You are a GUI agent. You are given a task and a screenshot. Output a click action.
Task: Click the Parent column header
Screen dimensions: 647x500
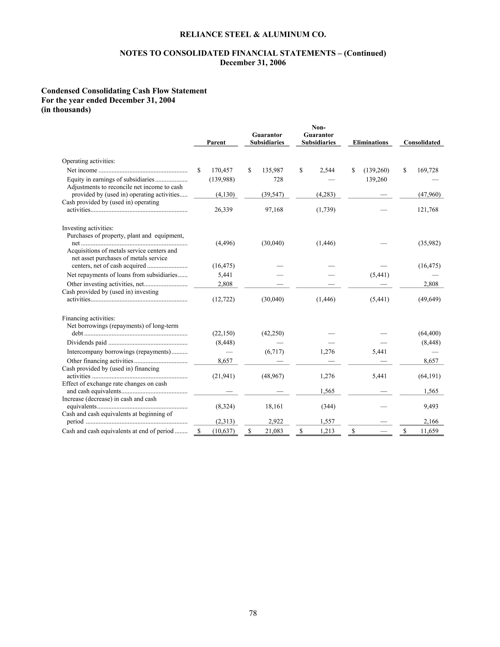pyautogui.click(x=216, y=143)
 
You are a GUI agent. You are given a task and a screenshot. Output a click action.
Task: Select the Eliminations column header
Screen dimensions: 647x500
pyautogui.click(x=370, y=143)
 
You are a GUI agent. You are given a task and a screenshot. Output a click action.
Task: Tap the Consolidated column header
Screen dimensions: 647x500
pyautogui.click(x=422, y=143)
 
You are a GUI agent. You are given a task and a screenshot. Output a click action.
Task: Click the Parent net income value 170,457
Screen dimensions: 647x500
pyautogui.click(x=222, y=170)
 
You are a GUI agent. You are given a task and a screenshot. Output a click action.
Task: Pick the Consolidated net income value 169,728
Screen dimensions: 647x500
pyautogui.click(x=428, y=170)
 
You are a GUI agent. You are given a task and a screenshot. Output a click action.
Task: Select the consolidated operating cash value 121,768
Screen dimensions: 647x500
pyautogui.click(x=428, y=210)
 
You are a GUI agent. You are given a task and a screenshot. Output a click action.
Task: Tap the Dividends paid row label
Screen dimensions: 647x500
pyautogui.click(x=86, y=343)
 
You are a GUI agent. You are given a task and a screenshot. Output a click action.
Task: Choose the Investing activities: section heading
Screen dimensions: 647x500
pyautogui.click(x=87, y=228)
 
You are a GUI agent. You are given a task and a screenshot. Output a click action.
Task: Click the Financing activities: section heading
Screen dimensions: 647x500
pyautogui.click(x=88, y=318)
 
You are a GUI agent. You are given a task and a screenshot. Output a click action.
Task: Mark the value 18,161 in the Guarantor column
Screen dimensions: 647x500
pyautogui.click(x=274, y=407)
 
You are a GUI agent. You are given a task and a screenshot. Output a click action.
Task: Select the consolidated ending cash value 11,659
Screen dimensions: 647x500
pyautogui.click(x=429, y=431)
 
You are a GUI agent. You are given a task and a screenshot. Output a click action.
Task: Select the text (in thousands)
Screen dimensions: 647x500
pyautogui.click(x=66, y=110)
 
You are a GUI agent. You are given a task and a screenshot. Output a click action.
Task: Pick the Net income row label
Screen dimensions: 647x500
pyautogui.click(x=82, y=170)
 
